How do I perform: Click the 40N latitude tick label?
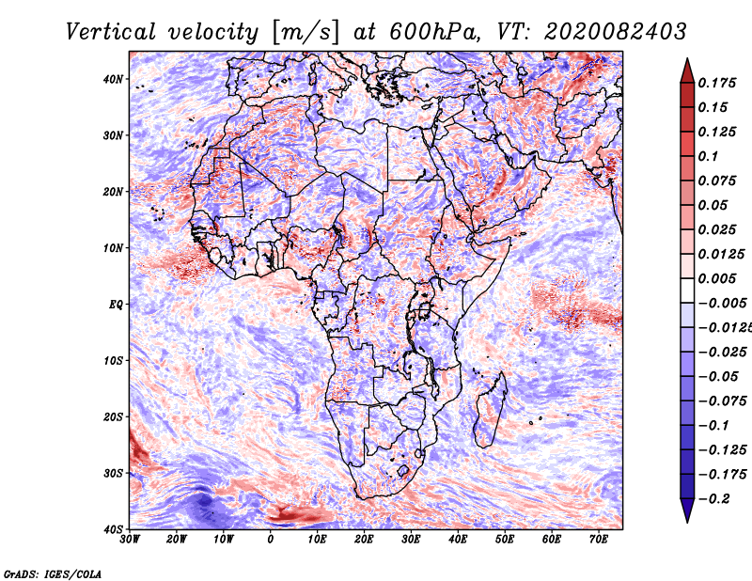[x=113, y=79]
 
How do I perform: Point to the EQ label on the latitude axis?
[x=116, y=305]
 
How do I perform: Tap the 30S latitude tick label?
[x=113, y=473]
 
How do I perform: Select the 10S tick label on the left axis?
[x=113, y=360]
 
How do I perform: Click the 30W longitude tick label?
[x=129, y=540]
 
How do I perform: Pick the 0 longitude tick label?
[x=271, y=540]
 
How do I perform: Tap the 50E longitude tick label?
[x=505, y=540]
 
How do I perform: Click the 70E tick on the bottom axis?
[x=598, y=540]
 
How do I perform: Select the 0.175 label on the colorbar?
[x=716, y=83]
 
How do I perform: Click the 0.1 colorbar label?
[x=709, y=156]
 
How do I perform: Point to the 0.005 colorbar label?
[x=716, y=278]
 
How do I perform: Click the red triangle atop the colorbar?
[x=687, y=72]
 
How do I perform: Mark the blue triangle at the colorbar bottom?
[x=687, y=510]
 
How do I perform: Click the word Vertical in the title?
[x=111, y=32]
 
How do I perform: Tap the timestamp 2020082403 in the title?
[x=616, y=32]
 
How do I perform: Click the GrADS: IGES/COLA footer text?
[x=53, y=574]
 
